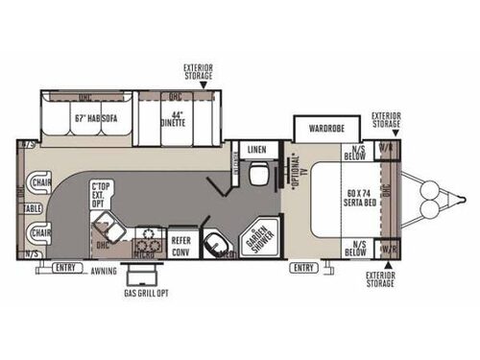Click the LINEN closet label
tap(255, 151)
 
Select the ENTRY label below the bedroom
tap(303, 267)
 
